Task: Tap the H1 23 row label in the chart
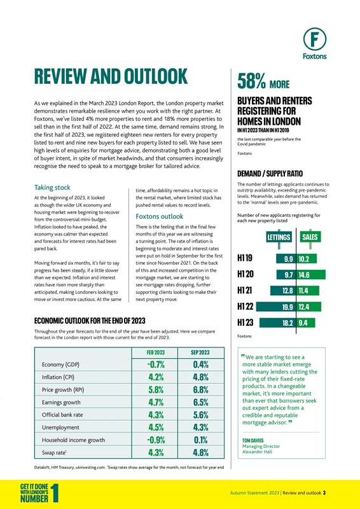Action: coord(246,323)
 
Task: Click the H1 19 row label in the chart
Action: coord(246,259)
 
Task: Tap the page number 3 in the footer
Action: coord(324,492)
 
